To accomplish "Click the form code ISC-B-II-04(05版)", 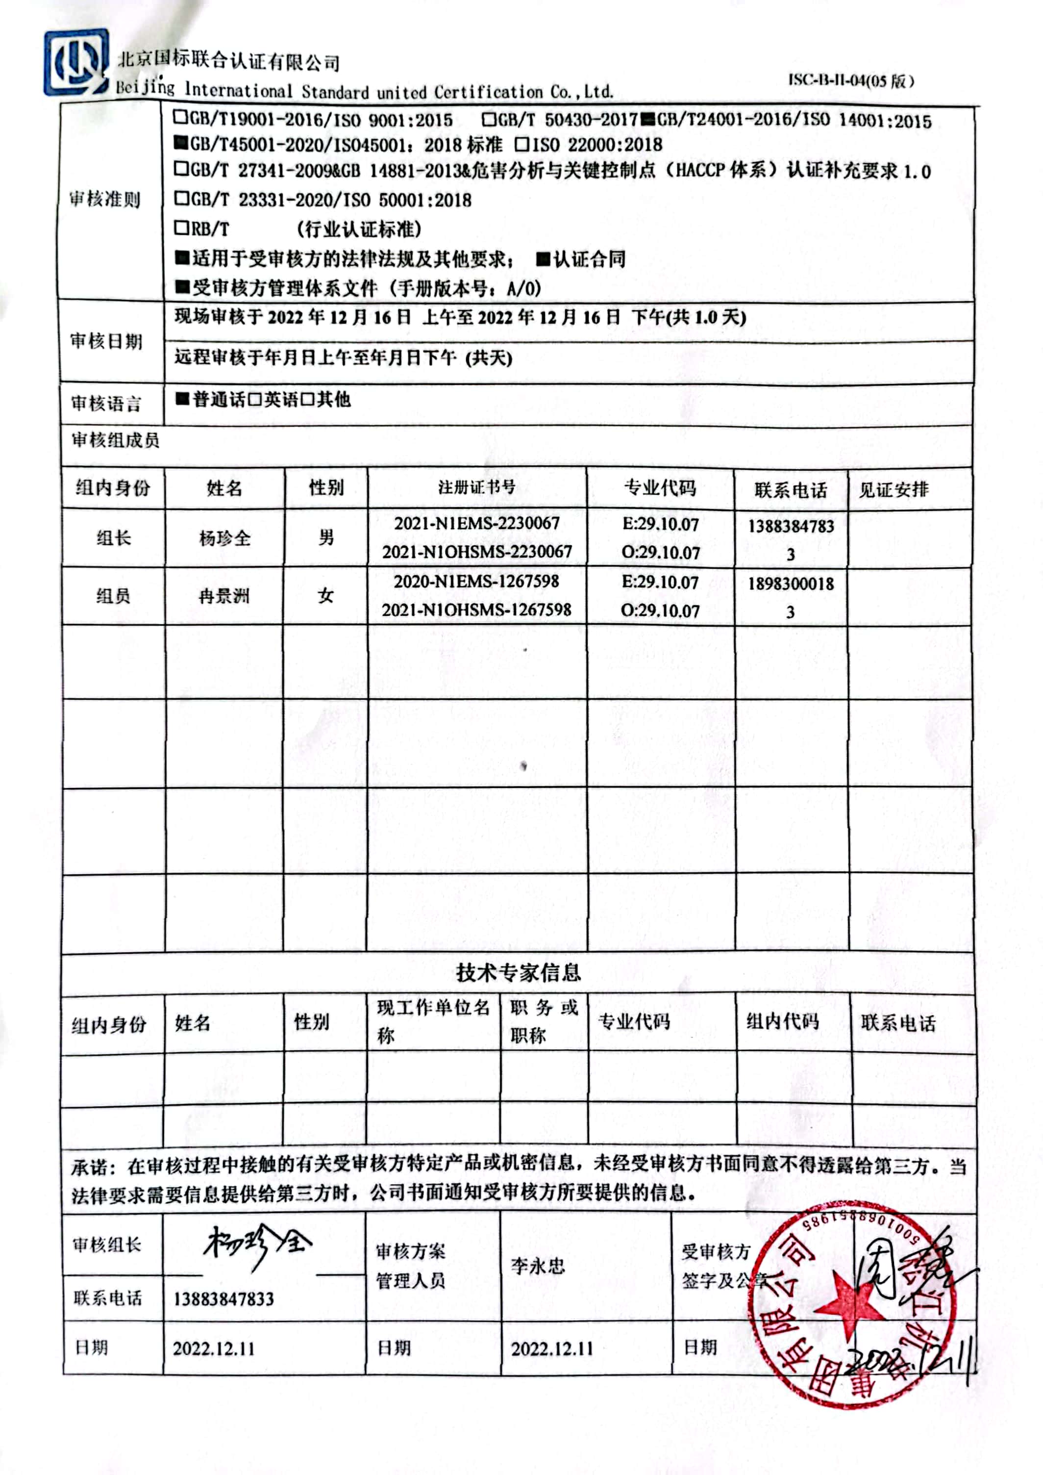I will (850, 80).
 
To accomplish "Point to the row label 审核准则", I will (105, 199).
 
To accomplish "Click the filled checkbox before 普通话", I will (182, 399).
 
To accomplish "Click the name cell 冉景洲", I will (224, 596).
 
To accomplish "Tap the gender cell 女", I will (325, 595).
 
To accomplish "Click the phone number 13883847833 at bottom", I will (223, 1299).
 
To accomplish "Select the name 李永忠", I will (538, 1266).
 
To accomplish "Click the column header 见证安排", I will (894, 489).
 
